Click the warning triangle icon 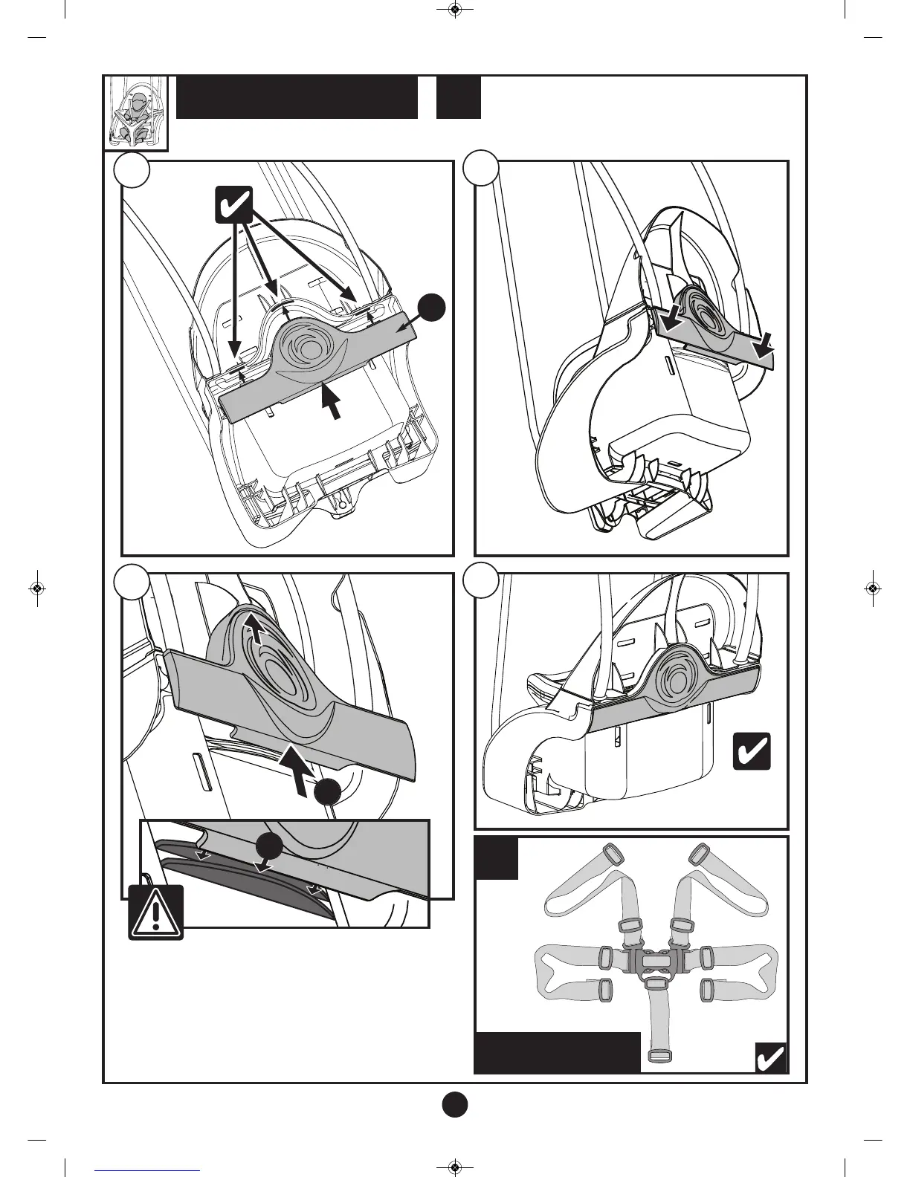pos(155,912)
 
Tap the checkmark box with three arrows pos(233,205)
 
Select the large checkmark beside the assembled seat pos(752,751)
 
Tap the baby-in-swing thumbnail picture pos(135,112)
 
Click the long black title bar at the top pos(297,97)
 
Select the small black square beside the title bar pos(458,97)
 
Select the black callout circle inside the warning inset pos(269,847)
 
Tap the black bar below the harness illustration pos(557,1052)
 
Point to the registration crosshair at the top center pos(455,10)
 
